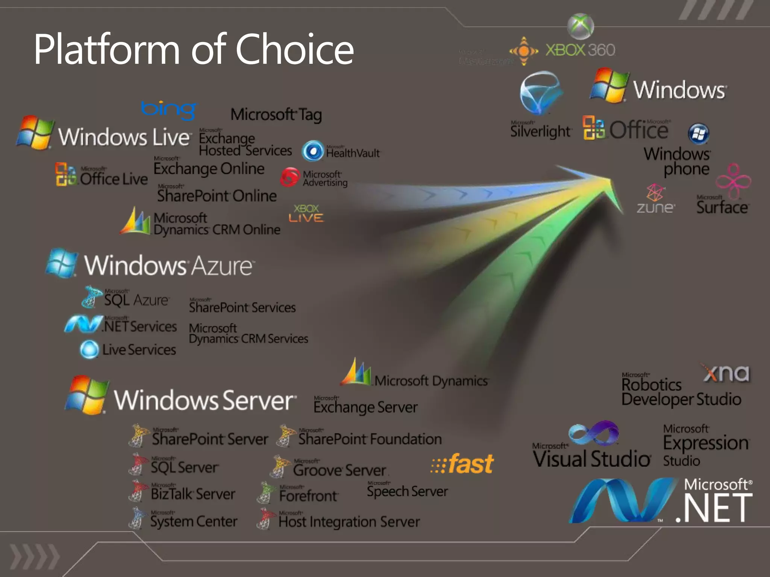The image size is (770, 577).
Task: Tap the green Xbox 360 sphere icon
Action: [x=580, y=26]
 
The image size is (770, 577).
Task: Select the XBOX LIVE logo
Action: [x=306, y=213]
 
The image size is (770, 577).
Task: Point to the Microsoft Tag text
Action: [x=276, y=115]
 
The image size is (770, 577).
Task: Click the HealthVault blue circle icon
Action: [x=313, y=151]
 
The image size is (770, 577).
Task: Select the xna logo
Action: [x=726, y=373]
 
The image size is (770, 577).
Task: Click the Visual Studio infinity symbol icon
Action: [x=594, y=433]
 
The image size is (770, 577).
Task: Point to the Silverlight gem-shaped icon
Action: [x=540, y=92]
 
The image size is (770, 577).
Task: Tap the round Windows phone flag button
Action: [x=699, y=134]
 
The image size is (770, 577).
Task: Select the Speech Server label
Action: [x=407, y=491]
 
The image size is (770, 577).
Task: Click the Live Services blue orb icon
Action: [x=89, y=349]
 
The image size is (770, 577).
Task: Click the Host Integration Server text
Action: [x=349, y=521]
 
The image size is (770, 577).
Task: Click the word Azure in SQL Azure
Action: [x=151, y=300]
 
